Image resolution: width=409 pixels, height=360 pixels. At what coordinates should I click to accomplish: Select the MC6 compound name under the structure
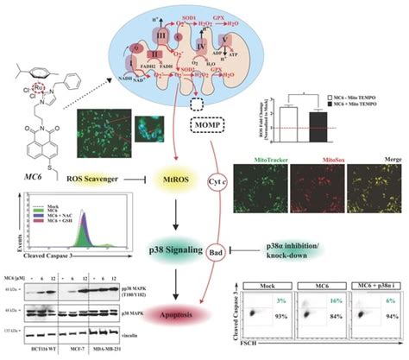pyautogui.click(x=29, y=153)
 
